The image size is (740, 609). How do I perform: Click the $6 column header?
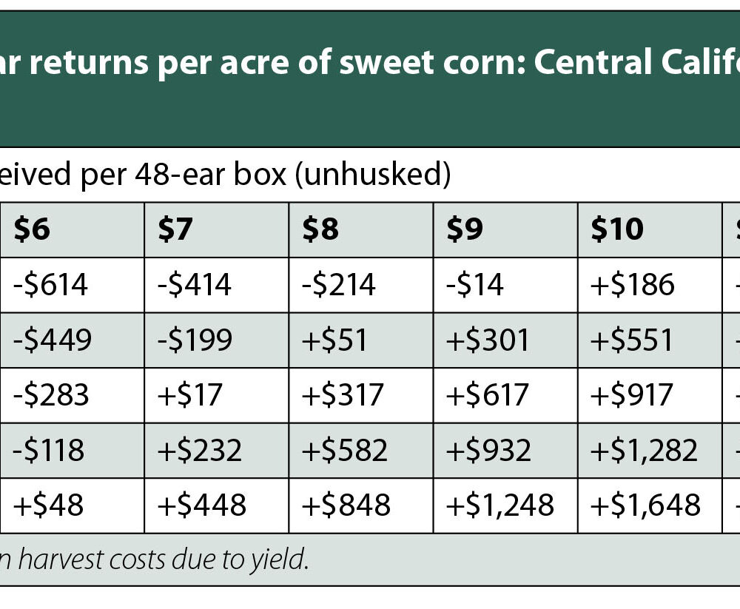tap(32, 230)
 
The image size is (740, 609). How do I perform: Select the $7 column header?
tap(175, 230)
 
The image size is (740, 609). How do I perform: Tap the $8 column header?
tap(320, 230)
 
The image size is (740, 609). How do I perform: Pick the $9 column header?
tap(465, 230)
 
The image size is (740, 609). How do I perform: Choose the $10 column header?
tap(617, 230)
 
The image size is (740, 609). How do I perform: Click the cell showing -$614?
tap(50, 285)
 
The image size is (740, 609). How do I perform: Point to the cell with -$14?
tap(475, 285)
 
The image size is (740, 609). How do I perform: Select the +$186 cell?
tap(633, 285)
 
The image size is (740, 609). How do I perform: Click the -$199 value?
tap(195, 340)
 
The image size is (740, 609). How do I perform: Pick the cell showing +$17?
tap(189, 395)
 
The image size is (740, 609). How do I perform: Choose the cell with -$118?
tap(49, 450)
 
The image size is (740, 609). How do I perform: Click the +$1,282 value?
tap(644, 450)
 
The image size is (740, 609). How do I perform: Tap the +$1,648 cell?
tap(645, 505)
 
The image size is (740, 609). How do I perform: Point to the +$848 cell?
tap(346, 505)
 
